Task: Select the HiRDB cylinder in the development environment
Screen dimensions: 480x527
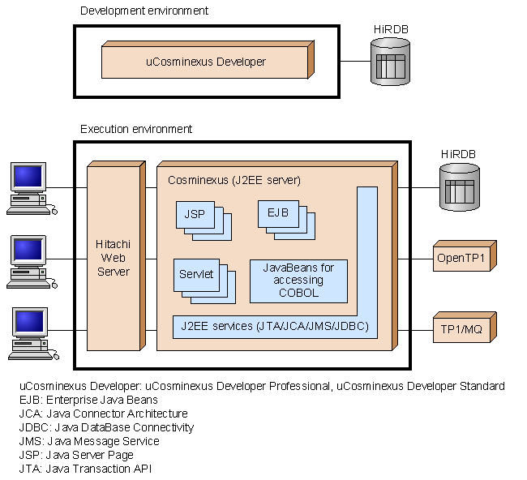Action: coord(390,62)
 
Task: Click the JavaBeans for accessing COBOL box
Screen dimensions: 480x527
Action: coord(298,281)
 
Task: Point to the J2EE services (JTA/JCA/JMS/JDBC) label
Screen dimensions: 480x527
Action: coord(275,327)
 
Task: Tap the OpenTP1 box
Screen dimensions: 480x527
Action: coord(461,259)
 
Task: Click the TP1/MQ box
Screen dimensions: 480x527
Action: coord(461,329)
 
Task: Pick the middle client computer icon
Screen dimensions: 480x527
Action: coord(31,259)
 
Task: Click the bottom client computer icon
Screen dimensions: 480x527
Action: coord(31,332)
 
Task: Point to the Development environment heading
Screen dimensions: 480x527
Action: coord(144,11)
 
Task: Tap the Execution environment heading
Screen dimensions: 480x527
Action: coord(136,129)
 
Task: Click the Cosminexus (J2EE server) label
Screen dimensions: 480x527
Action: coord(234,179)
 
